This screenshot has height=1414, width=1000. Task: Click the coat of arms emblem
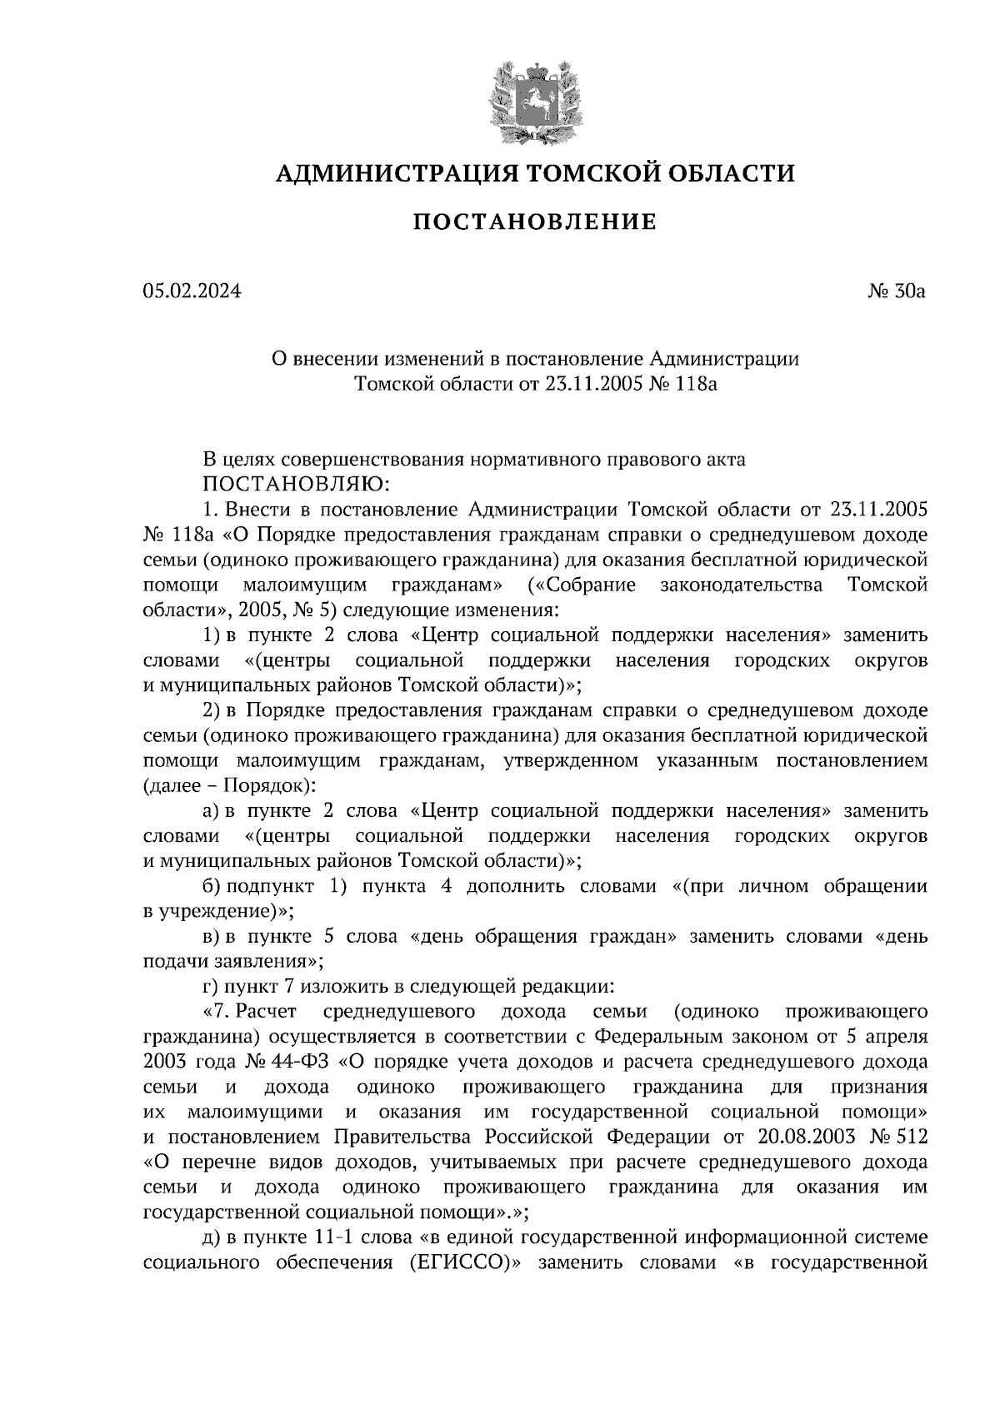pyautogui.click(x=534, y=102)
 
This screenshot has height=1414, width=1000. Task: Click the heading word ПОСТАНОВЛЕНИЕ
pyautogui.click(x=535, y=222)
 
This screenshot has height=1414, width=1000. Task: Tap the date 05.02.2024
pyautogui.click(x=192, y=291)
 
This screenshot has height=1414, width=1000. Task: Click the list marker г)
pyautogui.click(x=210, y=987)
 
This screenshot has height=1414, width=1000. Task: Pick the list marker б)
pyautogui.click(x=211, y=886)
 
